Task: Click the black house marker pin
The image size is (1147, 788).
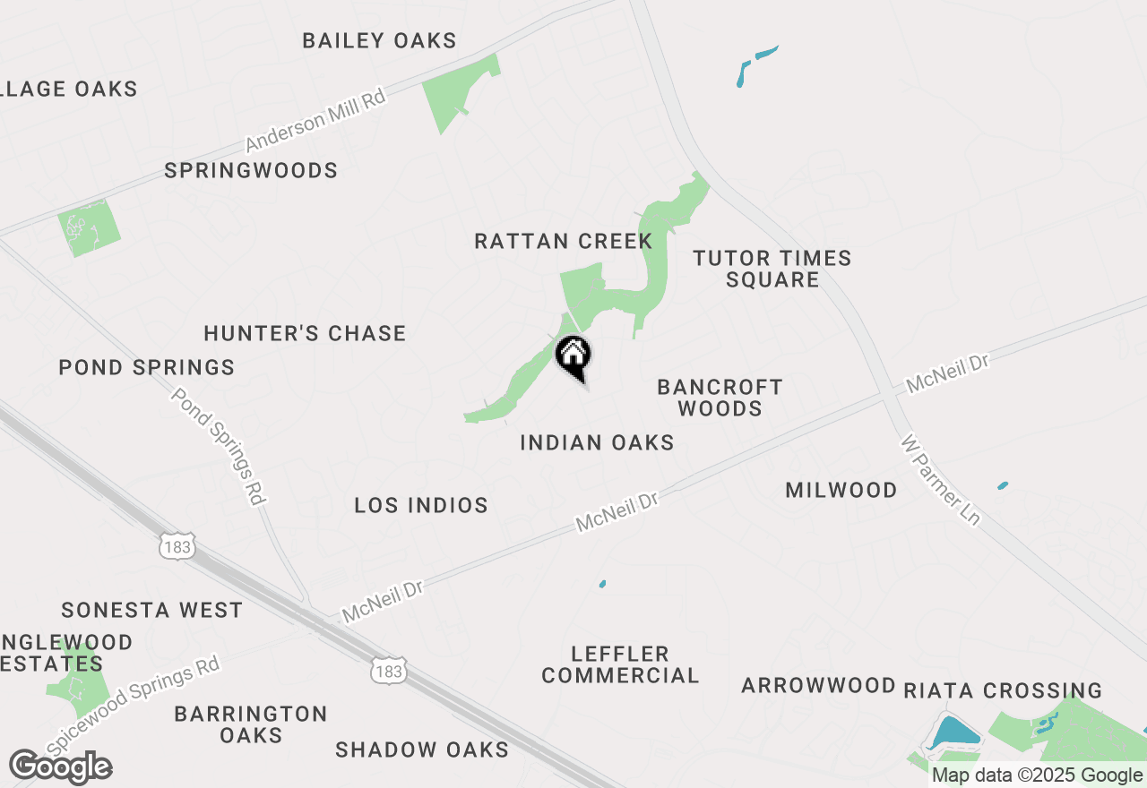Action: (573, 356)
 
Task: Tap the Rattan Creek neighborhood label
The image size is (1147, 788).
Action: (564, 241)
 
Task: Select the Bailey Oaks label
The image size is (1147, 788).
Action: (379, 40)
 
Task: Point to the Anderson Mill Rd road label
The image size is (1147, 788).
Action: (315, 120)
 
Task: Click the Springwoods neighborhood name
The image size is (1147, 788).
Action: (251, 170)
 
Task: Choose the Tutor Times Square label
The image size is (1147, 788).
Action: (772, 269)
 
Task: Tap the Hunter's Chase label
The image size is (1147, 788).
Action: (305, 333)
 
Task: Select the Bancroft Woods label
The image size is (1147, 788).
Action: (720, 398)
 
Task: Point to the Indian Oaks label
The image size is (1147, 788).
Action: (597, 442)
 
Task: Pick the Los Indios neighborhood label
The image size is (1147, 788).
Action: (421, 505)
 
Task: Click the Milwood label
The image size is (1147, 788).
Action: (841, 490)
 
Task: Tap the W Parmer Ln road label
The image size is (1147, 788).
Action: (940, 481)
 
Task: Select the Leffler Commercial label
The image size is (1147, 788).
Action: (620, 664)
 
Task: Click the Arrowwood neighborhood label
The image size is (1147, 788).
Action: (818, 686)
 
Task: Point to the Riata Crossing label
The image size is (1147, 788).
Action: (1003, 690)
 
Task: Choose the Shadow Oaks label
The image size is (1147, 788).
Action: (422, 749)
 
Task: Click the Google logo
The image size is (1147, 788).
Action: (61, 767)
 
